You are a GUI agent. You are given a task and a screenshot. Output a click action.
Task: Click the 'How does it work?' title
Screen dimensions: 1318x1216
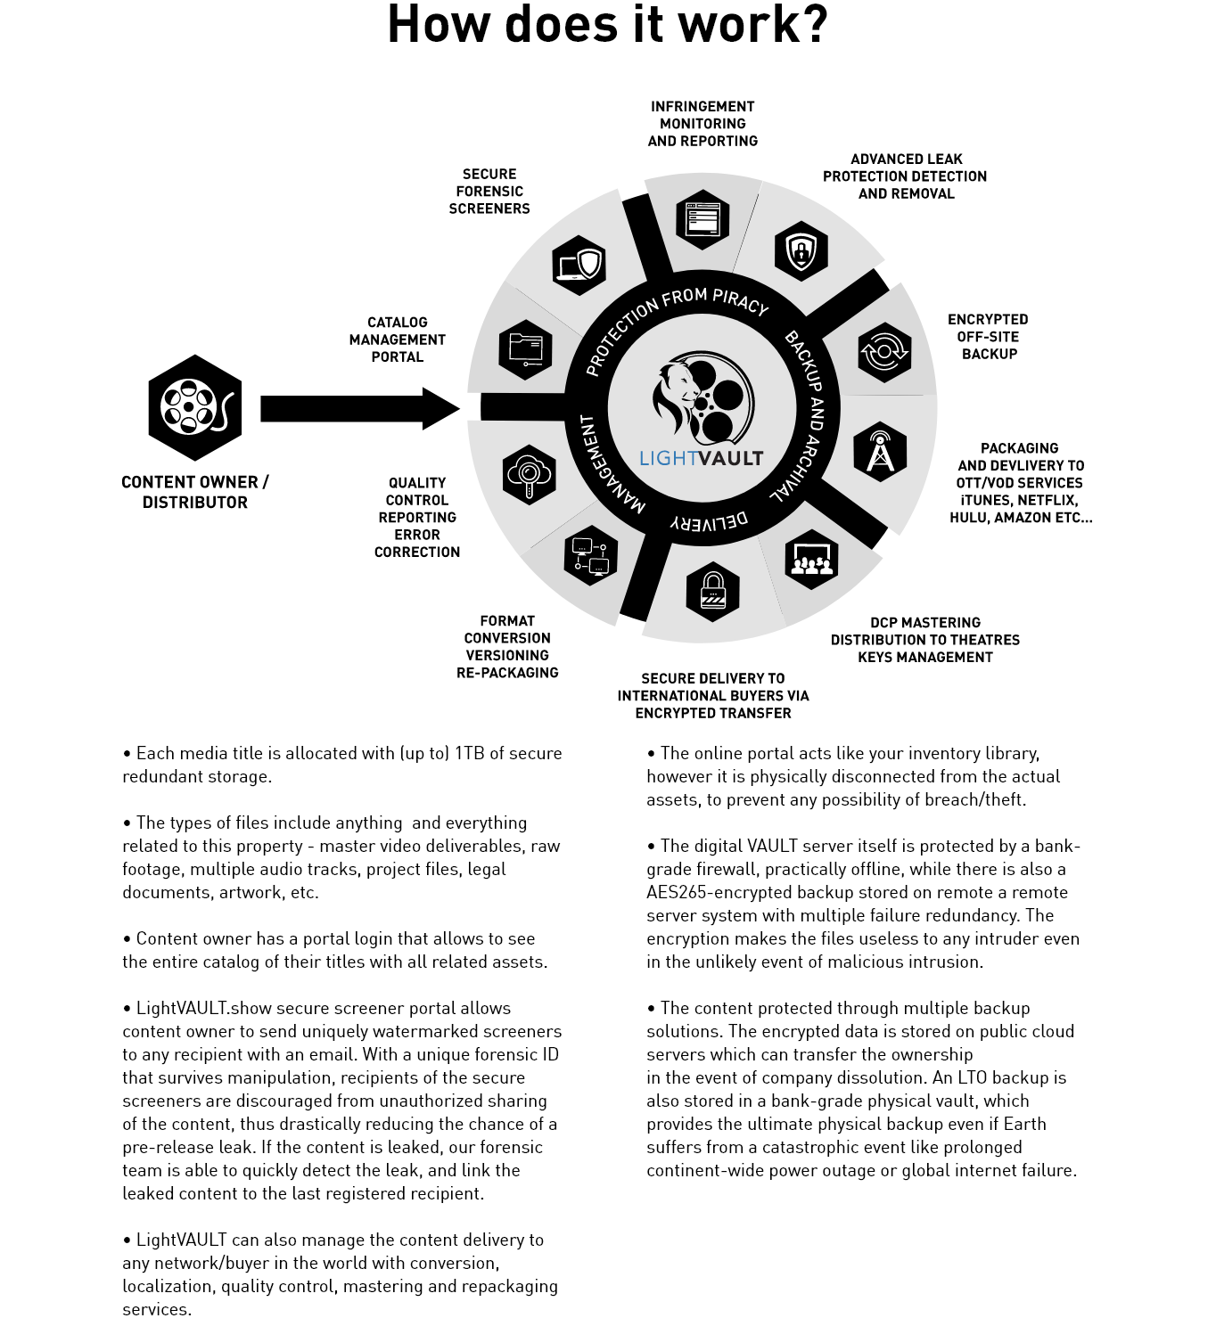[607, 24]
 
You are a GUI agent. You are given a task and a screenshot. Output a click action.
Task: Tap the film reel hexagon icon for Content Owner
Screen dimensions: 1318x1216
[194, 407]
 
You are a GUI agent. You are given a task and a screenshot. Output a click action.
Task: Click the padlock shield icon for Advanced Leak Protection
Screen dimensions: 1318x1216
[801, 251]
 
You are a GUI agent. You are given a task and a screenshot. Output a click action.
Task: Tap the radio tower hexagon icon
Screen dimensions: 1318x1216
[879, 452]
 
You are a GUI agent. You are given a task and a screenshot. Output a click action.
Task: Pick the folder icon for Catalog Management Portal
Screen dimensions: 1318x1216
[525, 348]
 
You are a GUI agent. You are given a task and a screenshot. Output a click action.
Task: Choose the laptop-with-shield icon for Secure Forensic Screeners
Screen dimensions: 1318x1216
[579, 265]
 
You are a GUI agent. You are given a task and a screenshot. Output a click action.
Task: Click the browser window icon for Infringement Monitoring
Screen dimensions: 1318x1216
[702, 218]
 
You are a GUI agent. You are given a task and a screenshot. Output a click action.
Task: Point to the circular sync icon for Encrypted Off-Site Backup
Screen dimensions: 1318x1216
[883, 352]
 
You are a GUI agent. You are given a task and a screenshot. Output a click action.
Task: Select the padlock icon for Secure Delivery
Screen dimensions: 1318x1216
[712, 591]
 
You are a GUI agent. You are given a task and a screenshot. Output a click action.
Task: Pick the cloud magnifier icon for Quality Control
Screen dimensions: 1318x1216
[529, 475]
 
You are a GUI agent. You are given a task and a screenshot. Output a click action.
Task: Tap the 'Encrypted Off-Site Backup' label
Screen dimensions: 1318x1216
[988, 336]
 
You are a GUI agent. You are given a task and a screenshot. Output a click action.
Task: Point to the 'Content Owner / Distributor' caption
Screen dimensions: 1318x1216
[194, 492]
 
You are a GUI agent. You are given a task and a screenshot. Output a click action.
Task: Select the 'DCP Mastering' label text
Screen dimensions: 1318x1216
[924, 623]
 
